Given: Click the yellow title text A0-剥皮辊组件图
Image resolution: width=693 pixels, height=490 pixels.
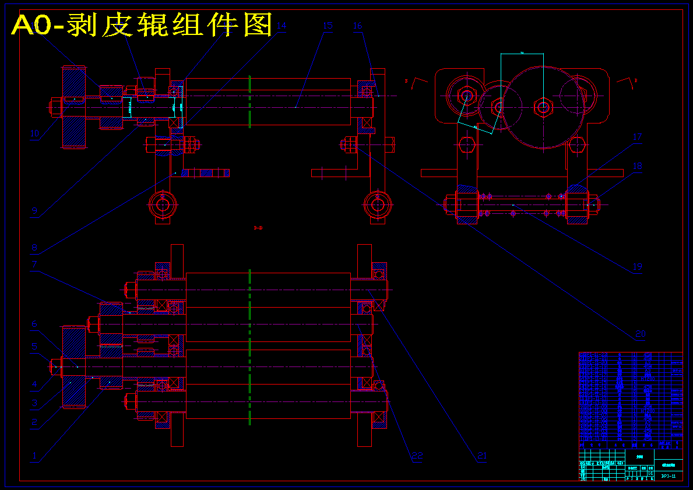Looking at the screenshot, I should click(x=142, y=25).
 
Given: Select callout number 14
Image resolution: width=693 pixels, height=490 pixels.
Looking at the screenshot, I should click(x=282, y=26).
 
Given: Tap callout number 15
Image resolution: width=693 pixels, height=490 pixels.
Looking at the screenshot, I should click(x=327, y=26).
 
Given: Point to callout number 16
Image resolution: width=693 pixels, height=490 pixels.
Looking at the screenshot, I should click(x=358, y=26).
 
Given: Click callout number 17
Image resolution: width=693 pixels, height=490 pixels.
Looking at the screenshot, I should click(x=637, y=138).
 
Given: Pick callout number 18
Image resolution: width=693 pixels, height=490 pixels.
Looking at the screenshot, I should click(x=637, y=167).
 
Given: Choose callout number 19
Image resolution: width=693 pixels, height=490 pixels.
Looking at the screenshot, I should click(x=637, y=267).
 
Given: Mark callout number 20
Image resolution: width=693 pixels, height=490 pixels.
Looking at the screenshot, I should click(x=641, y=334).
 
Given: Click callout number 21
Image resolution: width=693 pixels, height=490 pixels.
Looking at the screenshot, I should click(x=481, y=456).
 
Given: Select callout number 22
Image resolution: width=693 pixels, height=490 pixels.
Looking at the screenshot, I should click(x=417, y=456).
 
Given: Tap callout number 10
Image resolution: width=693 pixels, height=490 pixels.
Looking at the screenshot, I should click(x=34, y=133).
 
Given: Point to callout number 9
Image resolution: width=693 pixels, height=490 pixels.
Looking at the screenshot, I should click(x=34, y=211).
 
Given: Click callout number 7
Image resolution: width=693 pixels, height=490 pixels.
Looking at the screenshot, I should click(x=34, y=265).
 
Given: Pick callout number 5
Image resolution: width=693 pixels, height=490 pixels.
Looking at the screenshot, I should click(x=34, y=346).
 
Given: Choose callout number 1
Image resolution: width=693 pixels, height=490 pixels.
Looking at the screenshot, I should click(x=34, y=456).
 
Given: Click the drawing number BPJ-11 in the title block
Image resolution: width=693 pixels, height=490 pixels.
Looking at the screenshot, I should click(x=669, y=476).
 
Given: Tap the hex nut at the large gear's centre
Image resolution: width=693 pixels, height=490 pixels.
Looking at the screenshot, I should click(x=543, y=107).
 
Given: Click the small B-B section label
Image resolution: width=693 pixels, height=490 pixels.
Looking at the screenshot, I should click(x=258, y=228).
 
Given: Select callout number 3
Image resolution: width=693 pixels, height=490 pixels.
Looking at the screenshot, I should click(x=34, y=403).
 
